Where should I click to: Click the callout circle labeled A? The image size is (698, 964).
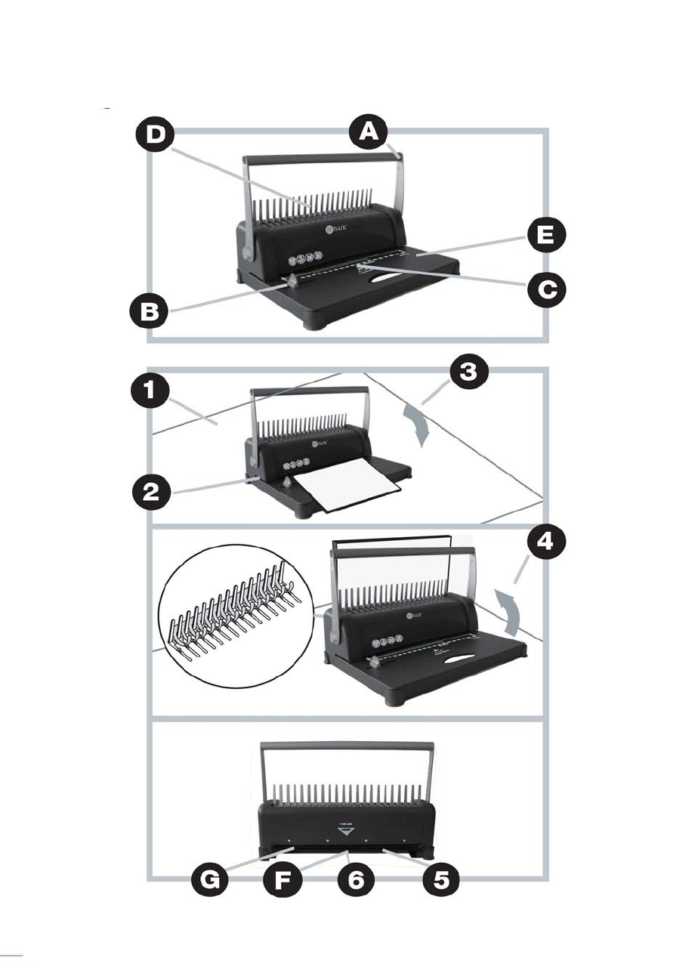[x=369, y=134]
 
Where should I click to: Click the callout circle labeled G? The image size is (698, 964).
[x=214, y=879]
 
